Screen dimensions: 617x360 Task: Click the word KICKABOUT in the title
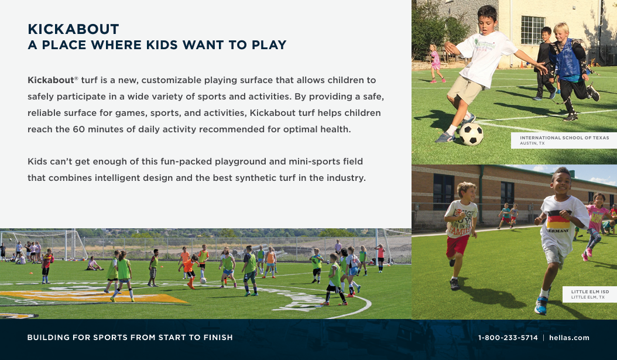[x=73, y=29]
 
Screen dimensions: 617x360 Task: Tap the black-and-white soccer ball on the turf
[x=471, y=134]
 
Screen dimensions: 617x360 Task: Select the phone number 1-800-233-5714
[x=508, y=338]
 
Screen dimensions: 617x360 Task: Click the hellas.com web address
[x=569, y=338]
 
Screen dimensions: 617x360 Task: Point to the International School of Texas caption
[x=564, y=140]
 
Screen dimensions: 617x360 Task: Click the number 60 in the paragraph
[x=78, y=129]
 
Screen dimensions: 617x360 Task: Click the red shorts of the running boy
[x=457, y=245]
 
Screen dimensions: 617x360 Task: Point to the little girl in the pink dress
[x=436, y=63]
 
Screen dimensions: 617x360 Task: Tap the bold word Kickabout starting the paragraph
[x=51, y=80]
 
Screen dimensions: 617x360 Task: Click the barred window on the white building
[x=533, y=30]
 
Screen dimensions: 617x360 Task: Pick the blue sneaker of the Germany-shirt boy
[x=541, y=306]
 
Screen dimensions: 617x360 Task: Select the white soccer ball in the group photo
[x=203, y=280]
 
